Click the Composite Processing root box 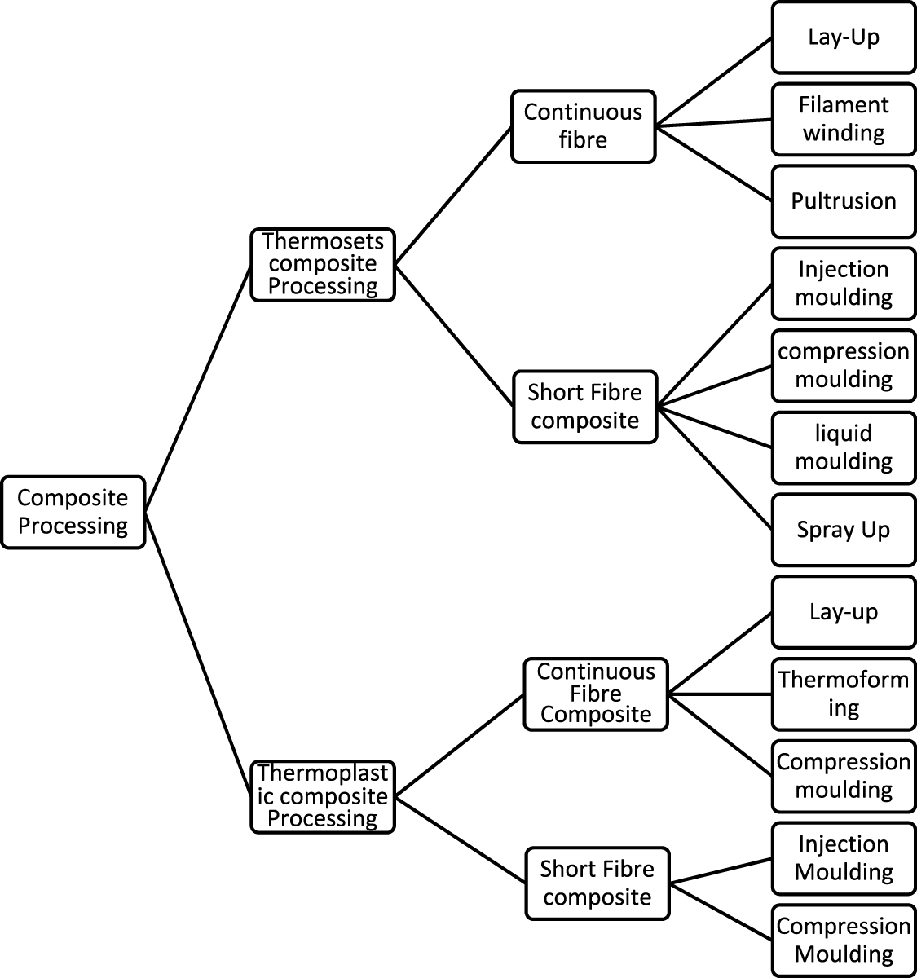click(73, 512)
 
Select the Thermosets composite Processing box click(322, 264)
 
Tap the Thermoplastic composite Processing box click(322, 796)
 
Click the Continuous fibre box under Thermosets click(583, 126)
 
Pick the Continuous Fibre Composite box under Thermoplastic click(596, 694)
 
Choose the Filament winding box click(844, 119)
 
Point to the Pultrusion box click(844, 201)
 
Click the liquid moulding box click(844, 447)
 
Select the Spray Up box click(844, 530)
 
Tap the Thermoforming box click(844, 694)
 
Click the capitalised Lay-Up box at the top click(844, 37)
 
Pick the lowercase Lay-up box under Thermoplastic click(844, 612)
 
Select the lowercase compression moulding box click(844, 365)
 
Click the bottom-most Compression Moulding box click(844, 940)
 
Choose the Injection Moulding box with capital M click(844, 858)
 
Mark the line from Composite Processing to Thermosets click(198, 388)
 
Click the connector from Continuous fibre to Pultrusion click(714, 163)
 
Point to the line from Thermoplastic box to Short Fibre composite click(461, 839)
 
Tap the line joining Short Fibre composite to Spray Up click(714, 468)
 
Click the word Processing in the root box click(73, 526)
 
